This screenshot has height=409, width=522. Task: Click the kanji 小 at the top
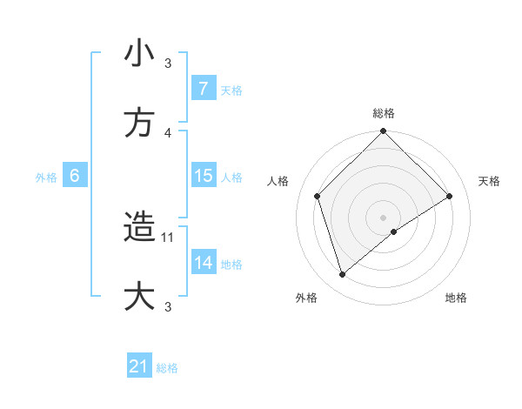click(139, 54)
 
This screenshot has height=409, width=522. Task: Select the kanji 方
click(139, 123)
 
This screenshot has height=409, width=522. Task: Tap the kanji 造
click(139, 228)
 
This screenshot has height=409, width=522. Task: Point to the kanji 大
click(139, 296)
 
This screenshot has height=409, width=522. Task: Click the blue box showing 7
click(203, 89)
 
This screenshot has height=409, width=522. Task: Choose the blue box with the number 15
click(203, 176)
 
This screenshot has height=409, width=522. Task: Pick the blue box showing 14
click(203, 263)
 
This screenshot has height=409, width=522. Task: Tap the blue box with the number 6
click(75, 176)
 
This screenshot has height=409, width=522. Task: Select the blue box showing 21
click(139, 367)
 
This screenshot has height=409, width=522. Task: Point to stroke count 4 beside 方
click(169, 132)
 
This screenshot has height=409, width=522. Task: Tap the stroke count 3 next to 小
click(169, 64)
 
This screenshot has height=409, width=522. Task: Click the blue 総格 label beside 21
click(167, 368)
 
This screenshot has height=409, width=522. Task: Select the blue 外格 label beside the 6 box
click(46, 177)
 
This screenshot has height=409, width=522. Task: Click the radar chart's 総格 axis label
click(384, 114)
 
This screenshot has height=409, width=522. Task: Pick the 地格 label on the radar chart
click(456, 298)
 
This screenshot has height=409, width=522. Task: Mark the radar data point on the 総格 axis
click(384, 132)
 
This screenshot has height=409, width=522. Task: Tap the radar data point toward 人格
click(318, 196)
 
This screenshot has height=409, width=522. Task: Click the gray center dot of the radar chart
click(384, 217)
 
